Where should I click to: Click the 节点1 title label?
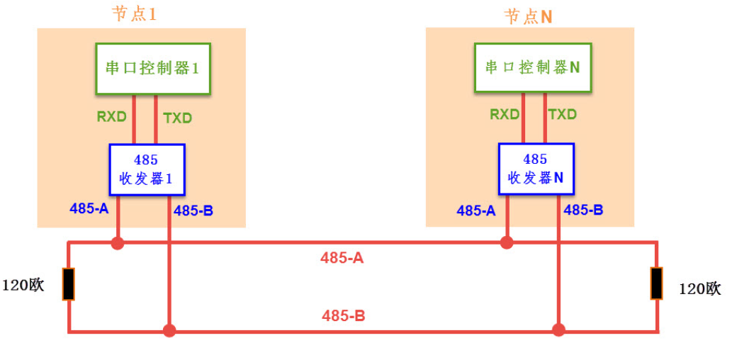[135, 14]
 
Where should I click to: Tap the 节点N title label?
[528, 16]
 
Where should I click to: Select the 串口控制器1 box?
[153, 68]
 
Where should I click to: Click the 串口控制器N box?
[533, 67]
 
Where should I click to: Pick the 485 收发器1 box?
[147, 169]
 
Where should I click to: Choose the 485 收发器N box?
[535, 169]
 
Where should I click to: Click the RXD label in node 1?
[112, 117]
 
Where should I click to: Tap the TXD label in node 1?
[177, 118]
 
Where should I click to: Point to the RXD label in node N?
[505, 114]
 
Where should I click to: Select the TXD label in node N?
[563, 114]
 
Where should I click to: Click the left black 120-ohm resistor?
[68, 283]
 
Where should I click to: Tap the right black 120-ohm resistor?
[657, 283]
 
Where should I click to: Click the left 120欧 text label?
[23, 286]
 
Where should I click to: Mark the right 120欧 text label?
[699, 288]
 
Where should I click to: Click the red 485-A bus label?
[342, 259]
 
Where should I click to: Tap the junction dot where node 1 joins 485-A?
[118, 243]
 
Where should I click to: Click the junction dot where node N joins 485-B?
[558, 330]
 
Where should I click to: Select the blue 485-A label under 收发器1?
[89, 208]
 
